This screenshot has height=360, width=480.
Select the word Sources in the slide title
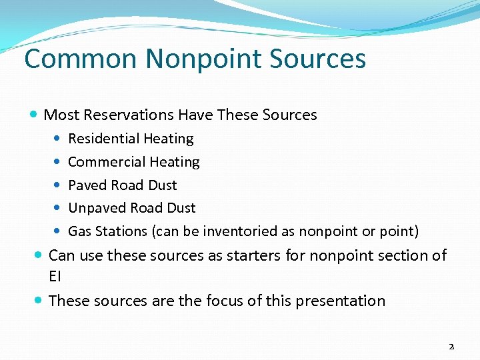tap(318, 59)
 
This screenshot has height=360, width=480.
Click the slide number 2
tap(451, 347)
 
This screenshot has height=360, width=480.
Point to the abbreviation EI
tap(55, 276)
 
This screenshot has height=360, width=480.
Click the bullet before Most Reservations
tap(35, 115)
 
